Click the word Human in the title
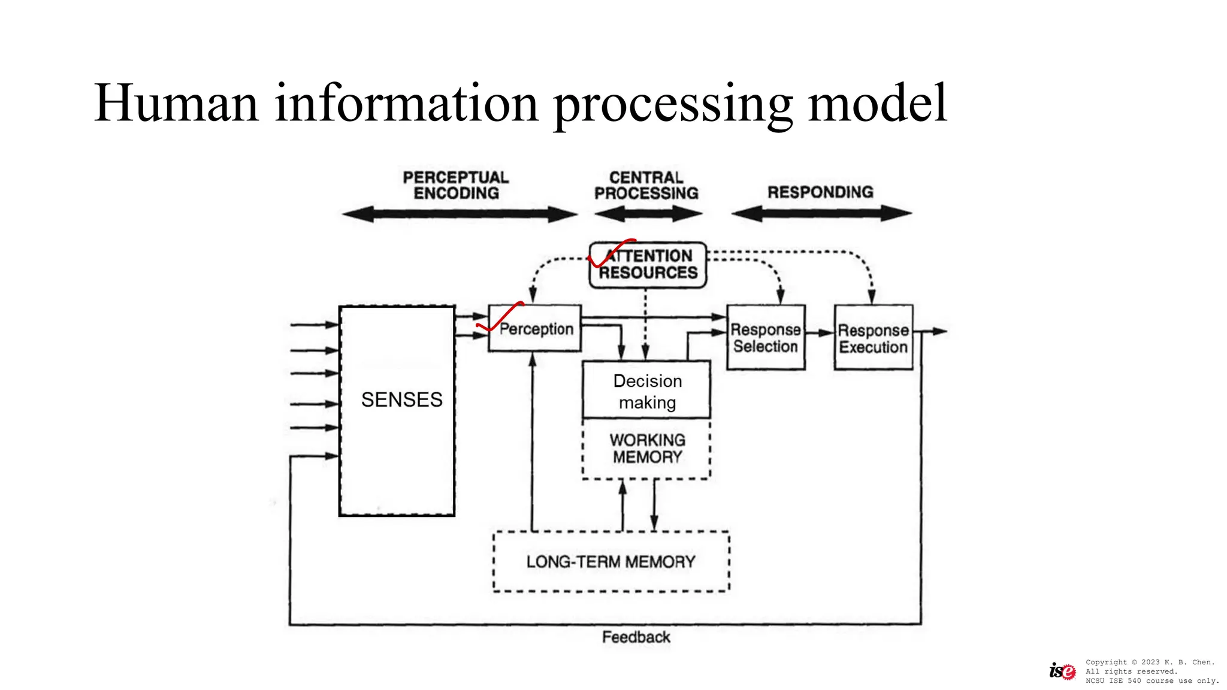pos(176,103)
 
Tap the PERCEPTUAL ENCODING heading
pos(456,185)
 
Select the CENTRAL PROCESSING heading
pos(646,185)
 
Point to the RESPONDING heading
pos(820,192)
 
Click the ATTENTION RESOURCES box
pos(649,265)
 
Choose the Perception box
pos(535,329)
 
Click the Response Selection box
pos(765,338)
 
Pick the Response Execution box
pos(873,338)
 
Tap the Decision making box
pos(647,391)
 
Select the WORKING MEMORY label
pos(647,449)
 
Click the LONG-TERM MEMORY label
pos(611,562)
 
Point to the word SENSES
pos(401,400)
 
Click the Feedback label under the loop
pos(636,637)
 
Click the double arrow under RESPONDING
pos(821,213)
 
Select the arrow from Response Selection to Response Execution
pos(820,332)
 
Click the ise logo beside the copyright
pos(1062,671)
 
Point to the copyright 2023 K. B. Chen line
pos(1150,662)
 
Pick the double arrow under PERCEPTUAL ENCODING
pos(460,214)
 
